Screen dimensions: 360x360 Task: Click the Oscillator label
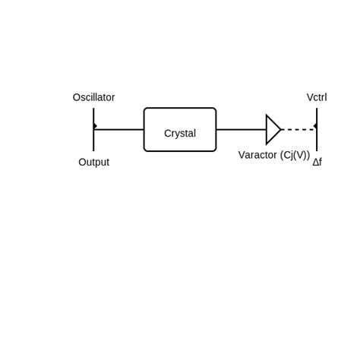93,97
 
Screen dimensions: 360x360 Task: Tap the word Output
93,162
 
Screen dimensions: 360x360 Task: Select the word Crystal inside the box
180,133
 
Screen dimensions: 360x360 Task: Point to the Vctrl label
317,97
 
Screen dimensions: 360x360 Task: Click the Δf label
317,162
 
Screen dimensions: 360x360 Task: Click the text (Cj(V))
295,155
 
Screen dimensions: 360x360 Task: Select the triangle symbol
272,129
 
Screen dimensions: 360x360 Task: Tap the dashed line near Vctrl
298,129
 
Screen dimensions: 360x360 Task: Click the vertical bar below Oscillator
93,141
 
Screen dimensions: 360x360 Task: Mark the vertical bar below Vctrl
317,141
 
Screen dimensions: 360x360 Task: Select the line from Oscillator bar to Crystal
119,129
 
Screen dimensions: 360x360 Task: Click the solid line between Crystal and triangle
241,129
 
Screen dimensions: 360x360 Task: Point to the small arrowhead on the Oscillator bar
95,126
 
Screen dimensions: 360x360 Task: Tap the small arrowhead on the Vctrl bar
315,126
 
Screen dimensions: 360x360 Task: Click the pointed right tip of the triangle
281,129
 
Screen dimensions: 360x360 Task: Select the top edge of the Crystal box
180,108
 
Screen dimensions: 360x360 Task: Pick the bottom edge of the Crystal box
180,151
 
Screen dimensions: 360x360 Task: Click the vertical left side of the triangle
267,129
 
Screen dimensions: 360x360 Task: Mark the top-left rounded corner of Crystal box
146,110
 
